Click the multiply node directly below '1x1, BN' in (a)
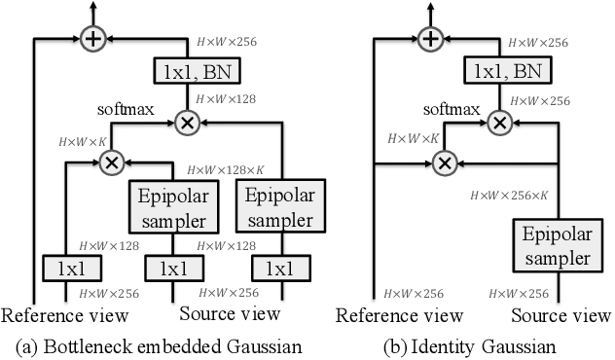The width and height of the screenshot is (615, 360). [x=187, y=122]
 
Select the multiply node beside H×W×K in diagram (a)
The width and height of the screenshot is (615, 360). [x=113, y=162]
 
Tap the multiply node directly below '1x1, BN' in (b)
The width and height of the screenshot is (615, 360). [x=500, y=122]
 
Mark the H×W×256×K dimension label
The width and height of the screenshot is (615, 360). [x=511, y=196]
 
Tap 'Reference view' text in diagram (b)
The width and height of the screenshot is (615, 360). [x=399, y=314]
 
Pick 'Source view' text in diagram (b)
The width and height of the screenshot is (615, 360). [x=561, y=314]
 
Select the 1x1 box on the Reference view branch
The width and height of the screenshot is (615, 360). [x=65, y=268]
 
